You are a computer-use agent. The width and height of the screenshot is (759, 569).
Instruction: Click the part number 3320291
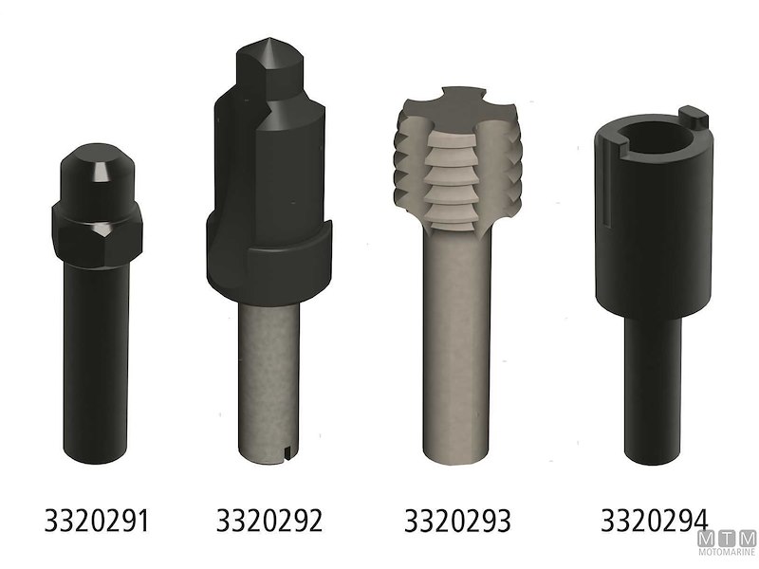(x=97, y=521)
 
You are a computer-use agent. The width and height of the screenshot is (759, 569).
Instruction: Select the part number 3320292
(x=269, y=521)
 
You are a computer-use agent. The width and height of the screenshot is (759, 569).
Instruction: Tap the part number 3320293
(x=457, y=521)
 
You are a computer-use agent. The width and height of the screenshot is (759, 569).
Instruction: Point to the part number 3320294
(x=654, y=520)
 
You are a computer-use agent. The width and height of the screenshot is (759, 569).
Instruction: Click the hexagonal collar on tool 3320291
(x=96, y=226)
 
